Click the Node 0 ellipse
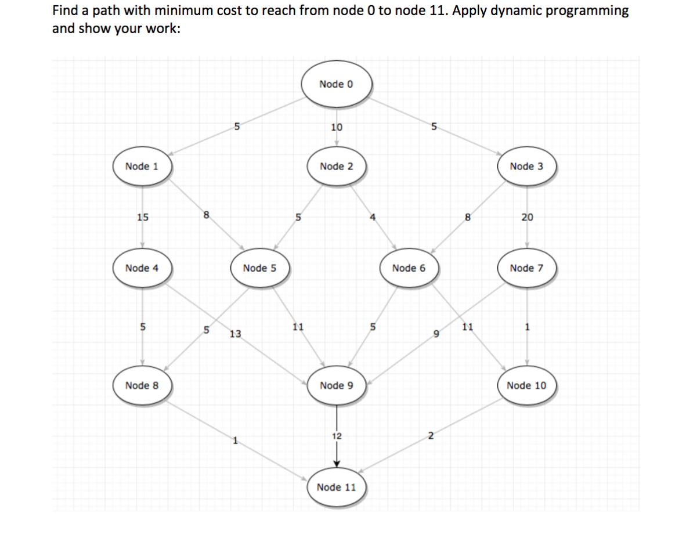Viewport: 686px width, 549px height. coord(336,85)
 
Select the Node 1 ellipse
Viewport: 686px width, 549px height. coord(142,167)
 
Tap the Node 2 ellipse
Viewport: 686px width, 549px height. coord(336,167)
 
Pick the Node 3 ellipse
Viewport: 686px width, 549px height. coord(526,167)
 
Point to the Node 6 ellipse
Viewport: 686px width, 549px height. coord(409,268)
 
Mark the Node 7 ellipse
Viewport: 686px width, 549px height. coord(526,268)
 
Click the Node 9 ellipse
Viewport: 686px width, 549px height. coord(336,385)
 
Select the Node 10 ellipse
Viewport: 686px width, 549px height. coord(526,385)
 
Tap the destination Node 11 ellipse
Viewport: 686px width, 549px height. coord(336,487)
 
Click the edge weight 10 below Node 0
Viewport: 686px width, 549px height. coord(336,128)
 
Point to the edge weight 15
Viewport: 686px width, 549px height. coord(142,218)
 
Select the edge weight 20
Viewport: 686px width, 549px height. coord(527,218)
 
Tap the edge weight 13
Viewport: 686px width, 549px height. coord(235,334)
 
